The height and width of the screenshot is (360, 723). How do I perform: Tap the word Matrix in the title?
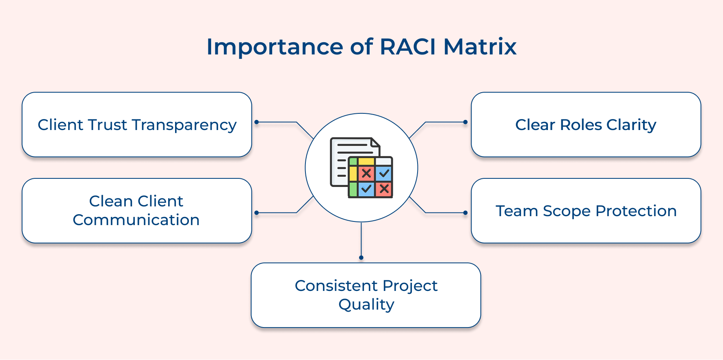pos(480,47)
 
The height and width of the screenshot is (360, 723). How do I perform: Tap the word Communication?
pos(136,220)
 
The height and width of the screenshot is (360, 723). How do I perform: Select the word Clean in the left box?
pos(111,201)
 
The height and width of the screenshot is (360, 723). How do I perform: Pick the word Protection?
pos(636,211)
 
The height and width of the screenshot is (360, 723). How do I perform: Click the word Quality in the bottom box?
pos(366,305)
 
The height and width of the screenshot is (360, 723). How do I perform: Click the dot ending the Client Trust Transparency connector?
pos(256,122)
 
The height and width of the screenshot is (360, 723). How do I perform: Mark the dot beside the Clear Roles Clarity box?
pos(465,122)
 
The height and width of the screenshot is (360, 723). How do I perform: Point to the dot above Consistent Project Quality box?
pos(361,258)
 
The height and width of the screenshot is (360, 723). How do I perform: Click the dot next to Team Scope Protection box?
pos(465,213)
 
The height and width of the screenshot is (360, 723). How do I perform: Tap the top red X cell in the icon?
pos(366,173)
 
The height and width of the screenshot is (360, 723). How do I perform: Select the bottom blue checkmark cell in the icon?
pos(366,189)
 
